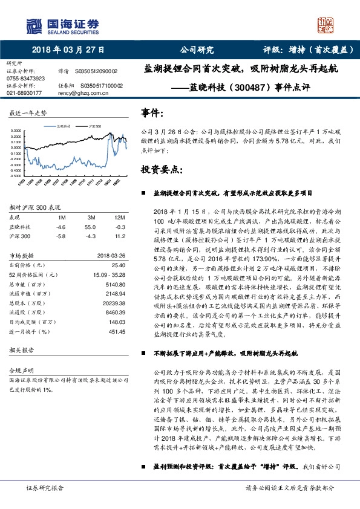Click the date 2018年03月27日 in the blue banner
tap(68, 50)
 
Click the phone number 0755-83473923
tap(25, 79)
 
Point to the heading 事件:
tap(152, 112)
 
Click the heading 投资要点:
tap(159, 168)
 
